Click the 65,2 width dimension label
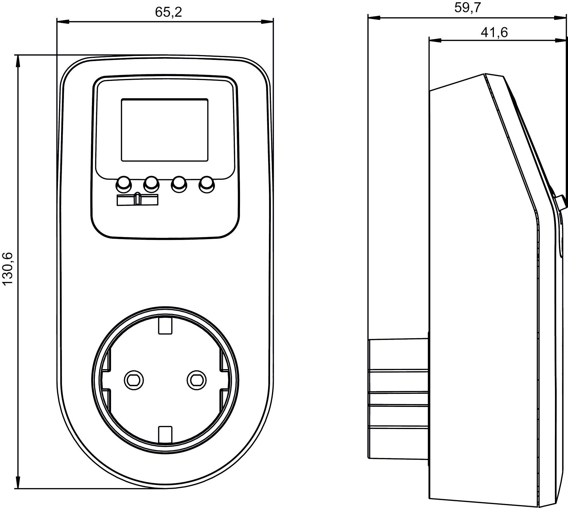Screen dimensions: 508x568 168,12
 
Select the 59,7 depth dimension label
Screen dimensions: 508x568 467,8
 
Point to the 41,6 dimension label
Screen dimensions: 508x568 494,33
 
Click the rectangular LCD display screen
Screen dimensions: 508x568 164,130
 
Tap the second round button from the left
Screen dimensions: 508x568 151,185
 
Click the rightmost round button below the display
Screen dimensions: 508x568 206,185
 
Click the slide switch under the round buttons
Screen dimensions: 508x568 138,200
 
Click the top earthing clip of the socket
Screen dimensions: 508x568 165,325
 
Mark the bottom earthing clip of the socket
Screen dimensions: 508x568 165,434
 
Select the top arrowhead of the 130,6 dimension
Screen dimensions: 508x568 18,61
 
